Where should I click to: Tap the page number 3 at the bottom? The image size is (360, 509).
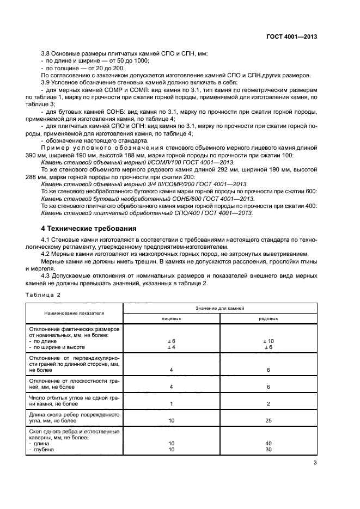point(315,463)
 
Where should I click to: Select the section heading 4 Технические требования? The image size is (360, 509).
point(87,228)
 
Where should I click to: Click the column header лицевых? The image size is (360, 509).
point(171,318)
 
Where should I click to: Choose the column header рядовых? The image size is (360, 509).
point(268,318)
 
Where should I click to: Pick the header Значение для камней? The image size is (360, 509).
point(219,308)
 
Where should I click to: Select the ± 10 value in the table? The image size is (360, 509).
point(268,341)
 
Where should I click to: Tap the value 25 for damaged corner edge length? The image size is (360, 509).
point(268,420)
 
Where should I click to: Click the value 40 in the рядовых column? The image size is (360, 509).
point(268,444)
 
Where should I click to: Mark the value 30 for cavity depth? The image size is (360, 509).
point(268,450)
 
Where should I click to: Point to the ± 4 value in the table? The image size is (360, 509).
point(171,347)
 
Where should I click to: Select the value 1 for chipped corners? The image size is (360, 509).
point(171,403)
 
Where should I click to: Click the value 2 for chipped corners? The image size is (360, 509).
point(268,403)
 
